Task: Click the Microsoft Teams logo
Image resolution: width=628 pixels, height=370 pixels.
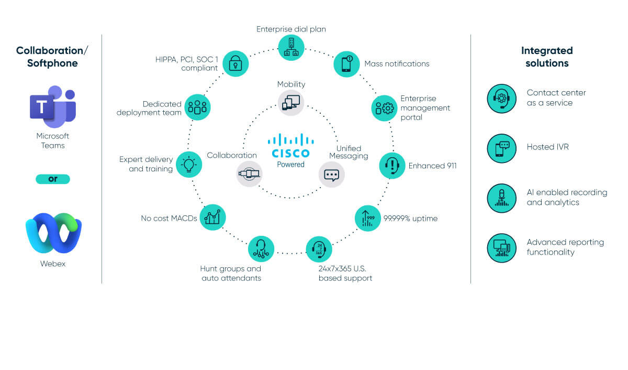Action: (x=53, y=108)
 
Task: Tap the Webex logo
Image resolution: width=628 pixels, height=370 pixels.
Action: (x=53, y=233)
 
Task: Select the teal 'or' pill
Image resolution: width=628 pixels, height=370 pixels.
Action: (x=53, y=179)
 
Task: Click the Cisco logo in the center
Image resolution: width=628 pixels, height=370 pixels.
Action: (x=291, y=146)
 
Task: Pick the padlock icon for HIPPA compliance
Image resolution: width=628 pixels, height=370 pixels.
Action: (x=235, y=63)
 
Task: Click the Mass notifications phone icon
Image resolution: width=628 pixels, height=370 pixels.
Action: (x=346, y=64)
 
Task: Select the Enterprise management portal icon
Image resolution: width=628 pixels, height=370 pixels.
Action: (x=384, y=108)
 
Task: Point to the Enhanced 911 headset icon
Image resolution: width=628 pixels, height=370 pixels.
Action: (x=392, y=166)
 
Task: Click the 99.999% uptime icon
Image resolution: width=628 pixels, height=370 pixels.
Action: (x=368, y=218)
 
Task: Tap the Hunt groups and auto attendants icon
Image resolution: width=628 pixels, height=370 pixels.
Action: (x=261, y=249)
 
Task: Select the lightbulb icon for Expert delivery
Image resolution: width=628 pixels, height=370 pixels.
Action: (x=189, y=164)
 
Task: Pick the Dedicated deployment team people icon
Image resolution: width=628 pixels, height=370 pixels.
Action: (x=197, y=107)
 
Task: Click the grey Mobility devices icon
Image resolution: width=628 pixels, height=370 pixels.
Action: (x=291, y=102)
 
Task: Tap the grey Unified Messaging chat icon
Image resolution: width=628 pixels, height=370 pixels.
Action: (x=332, y=175)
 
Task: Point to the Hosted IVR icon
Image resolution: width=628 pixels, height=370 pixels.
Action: (x=501, y=148)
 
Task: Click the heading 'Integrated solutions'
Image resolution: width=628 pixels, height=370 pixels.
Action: (x=547, y=57)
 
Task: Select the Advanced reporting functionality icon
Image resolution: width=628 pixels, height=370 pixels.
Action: (x=501, y=247)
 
